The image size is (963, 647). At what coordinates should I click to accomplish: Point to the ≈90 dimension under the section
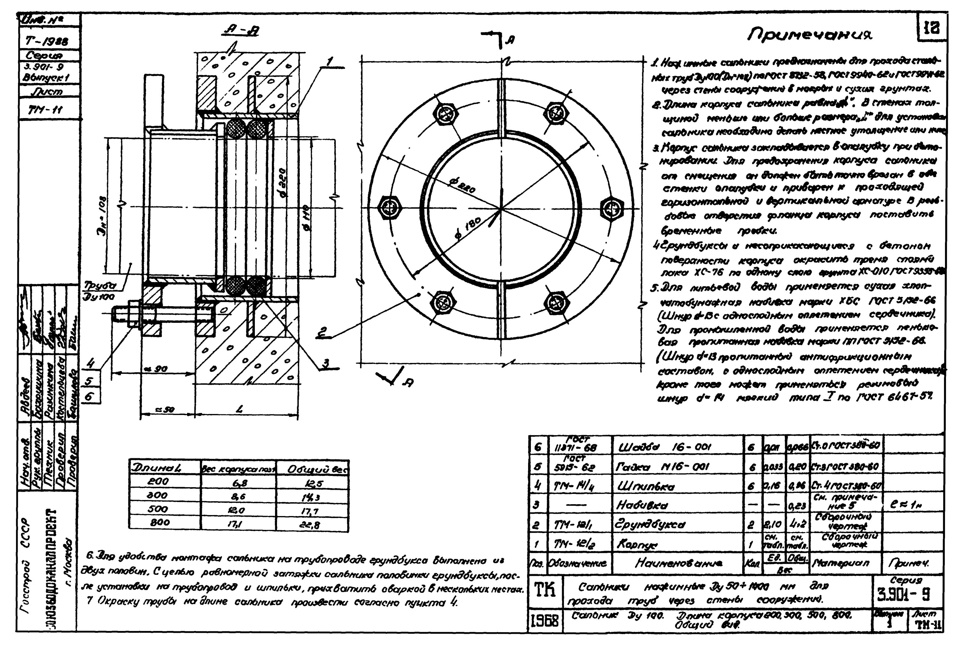click(x=158, y=368)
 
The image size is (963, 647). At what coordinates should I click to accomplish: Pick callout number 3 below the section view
click(x=326, y=363)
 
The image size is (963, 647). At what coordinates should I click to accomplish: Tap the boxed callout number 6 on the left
click(x=90, y=397)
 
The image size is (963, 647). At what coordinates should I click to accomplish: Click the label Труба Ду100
click(x=100, y=290)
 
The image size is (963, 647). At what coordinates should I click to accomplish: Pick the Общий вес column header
click(x=312, y=469)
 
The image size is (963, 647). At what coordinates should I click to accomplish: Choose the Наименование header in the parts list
click(x=678, y=563)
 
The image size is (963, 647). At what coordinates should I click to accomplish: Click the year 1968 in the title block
click(x=544, y=620)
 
